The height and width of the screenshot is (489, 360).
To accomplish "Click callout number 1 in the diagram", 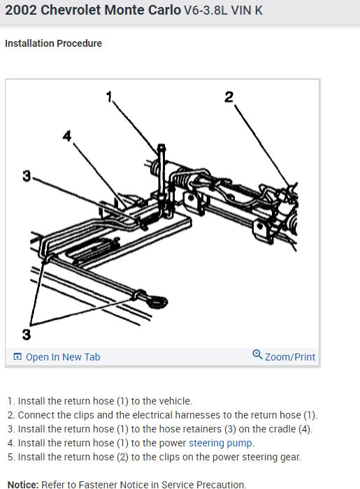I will (x=110, y=97).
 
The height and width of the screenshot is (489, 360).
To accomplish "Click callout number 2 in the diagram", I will (x=229, y=97).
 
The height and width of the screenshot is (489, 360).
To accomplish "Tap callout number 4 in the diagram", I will (x=67, y=136).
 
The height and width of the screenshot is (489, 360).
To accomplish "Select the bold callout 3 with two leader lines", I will (x=26, y=334).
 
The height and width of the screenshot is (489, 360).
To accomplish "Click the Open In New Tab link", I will (x=63, y=357).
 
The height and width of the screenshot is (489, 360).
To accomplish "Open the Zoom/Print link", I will (x=290, y=357).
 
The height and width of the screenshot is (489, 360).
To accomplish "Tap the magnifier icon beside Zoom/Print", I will (x=257, y=356).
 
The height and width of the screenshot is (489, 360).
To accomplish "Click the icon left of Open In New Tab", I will (x=17, y=357).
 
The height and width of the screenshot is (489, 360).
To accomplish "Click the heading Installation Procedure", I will (x=53, y=43).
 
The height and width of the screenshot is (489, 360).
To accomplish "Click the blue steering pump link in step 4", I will (x=221, y=443).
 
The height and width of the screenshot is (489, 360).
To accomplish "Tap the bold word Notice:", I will (x=22, y=484).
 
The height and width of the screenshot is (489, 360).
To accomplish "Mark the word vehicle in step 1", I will (x=171, y=401).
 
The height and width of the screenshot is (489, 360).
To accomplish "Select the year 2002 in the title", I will (x=21, y=11).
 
